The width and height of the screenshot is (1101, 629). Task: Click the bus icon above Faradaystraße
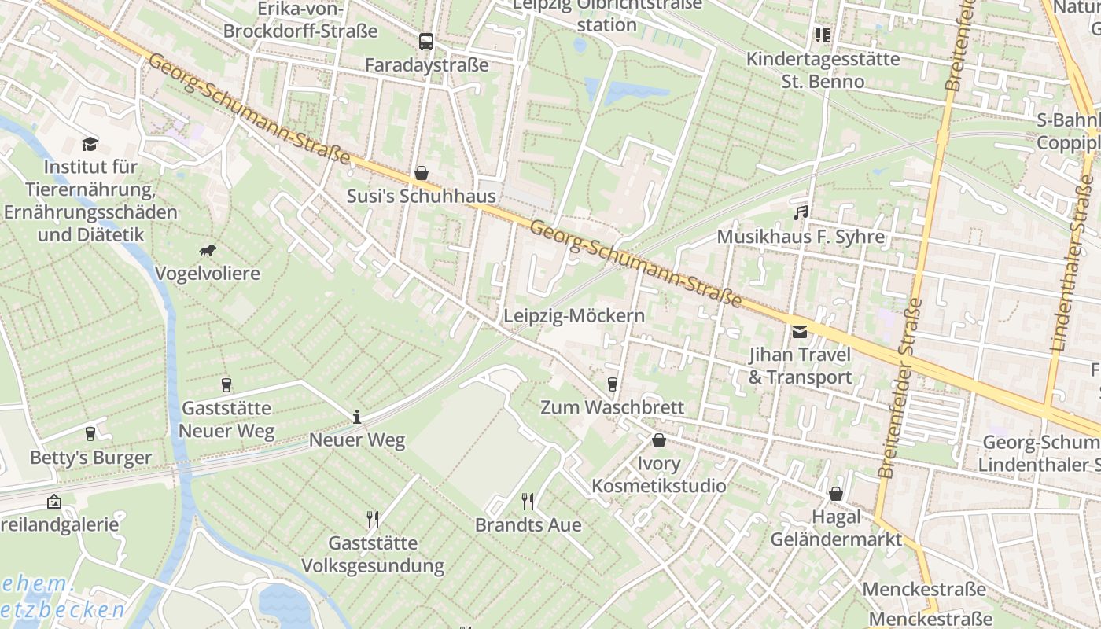(425, 42)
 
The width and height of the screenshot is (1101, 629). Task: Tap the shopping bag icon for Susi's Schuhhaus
(422, 173)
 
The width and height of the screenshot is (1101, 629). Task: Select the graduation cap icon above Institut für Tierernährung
(90, 144)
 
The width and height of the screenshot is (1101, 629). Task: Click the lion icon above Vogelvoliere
(208, 251)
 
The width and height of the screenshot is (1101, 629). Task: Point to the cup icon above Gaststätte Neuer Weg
(226, 384)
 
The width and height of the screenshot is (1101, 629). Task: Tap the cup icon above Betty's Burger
(90, 433)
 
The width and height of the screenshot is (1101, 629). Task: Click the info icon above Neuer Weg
(357, 417)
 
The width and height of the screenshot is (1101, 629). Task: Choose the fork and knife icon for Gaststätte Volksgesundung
(373, 519)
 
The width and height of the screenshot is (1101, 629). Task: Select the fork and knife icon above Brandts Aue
(528, 501)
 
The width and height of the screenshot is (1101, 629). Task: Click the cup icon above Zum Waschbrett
(612, 384)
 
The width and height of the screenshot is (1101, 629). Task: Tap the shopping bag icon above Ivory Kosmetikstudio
(659, 440)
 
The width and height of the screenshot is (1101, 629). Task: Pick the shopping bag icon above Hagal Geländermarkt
(836, 494)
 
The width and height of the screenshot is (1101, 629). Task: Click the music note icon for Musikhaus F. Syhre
(801, 212)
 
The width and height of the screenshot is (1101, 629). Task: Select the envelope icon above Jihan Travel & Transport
(800, 331)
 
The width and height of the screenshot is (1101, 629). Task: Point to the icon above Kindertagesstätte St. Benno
(822, 35)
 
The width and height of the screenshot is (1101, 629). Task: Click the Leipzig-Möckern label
(574, 316)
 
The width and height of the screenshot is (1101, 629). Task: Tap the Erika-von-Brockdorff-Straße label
(300, 20)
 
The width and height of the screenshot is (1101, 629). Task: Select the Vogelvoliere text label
(208, 274)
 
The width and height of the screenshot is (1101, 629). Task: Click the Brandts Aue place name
(528, 524)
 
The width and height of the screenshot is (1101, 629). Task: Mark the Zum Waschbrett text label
(612, 407)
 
